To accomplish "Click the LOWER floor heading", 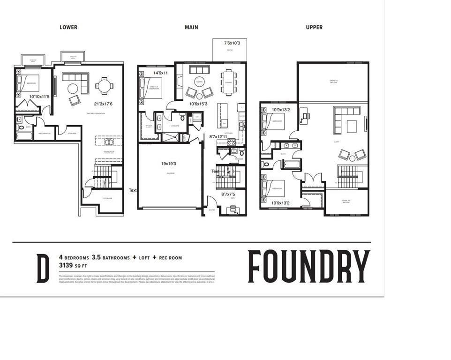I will coord(68,27).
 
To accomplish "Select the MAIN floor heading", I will coord(191,27).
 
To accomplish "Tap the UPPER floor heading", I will coord(314,27).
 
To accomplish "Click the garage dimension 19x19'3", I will coord(169,164).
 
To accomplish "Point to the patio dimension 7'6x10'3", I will coord(232,43).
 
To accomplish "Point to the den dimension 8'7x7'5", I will coord(228,194).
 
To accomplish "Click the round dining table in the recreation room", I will coord(104,86).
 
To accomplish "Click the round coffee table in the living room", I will coord(200,82).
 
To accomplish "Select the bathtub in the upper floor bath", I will coord(291,165).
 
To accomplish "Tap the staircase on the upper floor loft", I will coord(348,177).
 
